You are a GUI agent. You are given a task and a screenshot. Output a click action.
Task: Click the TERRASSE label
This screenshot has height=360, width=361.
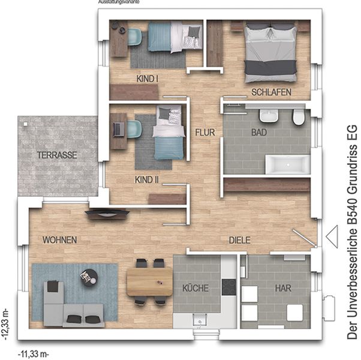[57, 155]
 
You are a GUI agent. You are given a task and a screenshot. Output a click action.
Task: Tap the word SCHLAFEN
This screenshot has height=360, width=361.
[271, 92]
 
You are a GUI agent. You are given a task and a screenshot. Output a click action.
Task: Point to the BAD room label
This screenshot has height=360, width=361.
[259, 132]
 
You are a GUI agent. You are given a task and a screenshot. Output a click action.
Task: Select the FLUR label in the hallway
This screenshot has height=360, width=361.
[205, 132]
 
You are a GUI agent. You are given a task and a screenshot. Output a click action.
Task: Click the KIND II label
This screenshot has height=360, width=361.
[147, 179]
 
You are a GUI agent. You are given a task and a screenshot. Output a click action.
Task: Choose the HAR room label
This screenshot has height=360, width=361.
[283, 288]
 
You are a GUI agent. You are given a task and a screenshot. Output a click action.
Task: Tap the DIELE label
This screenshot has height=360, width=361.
[240, 240]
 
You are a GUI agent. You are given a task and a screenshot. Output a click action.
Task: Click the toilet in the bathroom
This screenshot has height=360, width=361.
[299, 117]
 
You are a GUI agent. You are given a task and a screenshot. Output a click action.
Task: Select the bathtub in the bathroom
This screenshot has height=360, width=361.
[288, 164]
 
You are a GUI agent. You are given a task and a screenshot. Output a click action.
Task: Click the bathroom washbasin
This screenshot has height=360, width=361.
[269, 115]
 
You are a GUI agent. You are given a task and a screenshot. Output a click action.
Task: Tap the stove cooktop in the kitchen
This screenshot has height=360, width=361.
[228, 287]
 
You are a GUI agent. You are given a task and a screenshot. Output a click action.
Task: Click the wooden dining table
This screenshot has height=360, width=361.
[150, 281]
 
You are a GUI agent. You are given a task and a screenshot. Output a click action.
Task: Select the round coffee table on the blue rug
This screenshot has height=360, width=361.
[89, 278]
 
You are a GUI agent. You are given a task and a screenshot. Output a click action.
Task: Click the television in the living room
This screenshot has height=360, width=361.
[107, 213]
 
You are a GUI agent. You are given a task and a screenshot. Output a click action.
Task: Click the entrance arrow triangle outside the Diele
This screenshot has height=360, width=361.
[332, 236]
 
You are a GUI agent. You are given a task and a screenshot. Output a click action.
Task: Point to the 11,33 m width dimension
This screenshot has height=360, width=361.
[34, 353]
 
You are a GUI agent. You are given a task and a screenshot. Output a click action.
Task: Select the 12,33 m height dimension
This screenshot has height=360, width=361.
[6, 324]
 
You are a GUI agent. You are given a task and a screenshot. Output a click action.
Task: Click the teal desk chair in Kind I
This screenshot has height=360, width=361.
[134, 37]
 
